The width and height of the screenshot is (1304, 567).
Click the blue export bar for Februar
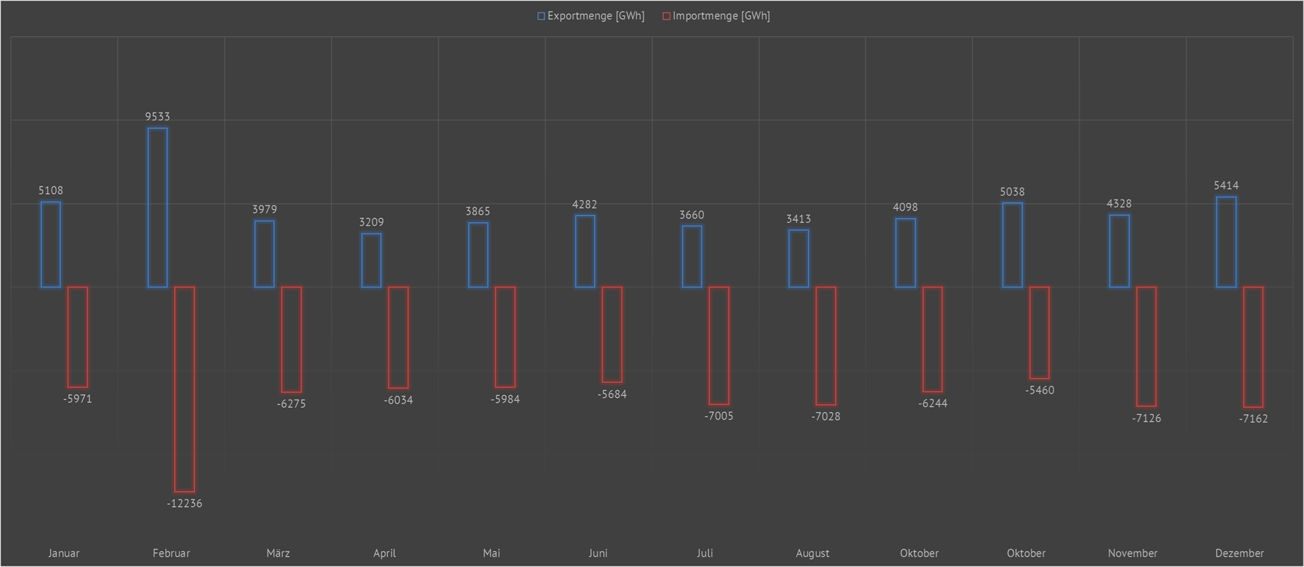(x=157, y=207)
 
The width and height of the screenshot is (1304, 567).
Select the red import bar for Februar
(x=184, y=389)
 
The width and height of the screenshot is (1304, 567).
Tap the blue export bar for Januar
(x=50, y=244)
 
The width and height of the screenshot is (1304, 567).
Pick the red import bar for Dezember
(x=1253, y=347)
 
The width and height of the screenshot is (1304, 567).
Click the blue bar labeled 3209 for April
(x=371, y=260)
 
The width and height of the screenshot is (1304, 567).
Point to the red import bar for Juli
(x=719, y=345)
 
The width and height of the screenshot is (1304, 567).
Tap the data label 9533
(x=157, y=117)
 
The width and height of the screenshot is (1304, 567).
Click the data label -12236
(x=184, y=504)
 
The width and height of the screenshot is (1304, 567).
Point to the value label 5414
(x=1226, y=186)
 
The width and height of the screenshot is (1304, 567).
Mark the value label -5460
(x=1039, y=390)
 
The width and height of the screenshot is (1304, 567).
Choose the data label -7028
(x=825, y=416)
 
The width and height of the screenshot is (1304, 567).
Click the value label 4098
(x=905, y=207)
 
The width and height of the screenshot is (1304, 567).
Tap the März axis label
(x=278, y=553)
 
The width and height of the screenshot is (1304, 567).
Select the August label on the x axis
(x=812, y=553)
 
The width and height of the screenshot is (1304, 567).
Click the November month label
(x=1133, y=553)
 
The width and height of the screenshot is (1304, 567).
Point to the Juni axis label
(x=597, y=553)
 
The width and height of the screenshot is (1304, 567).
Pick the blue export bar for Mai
(x=478, y=255)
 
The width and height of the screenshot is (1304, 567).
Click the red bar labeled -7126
(x=1146, y=346)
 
